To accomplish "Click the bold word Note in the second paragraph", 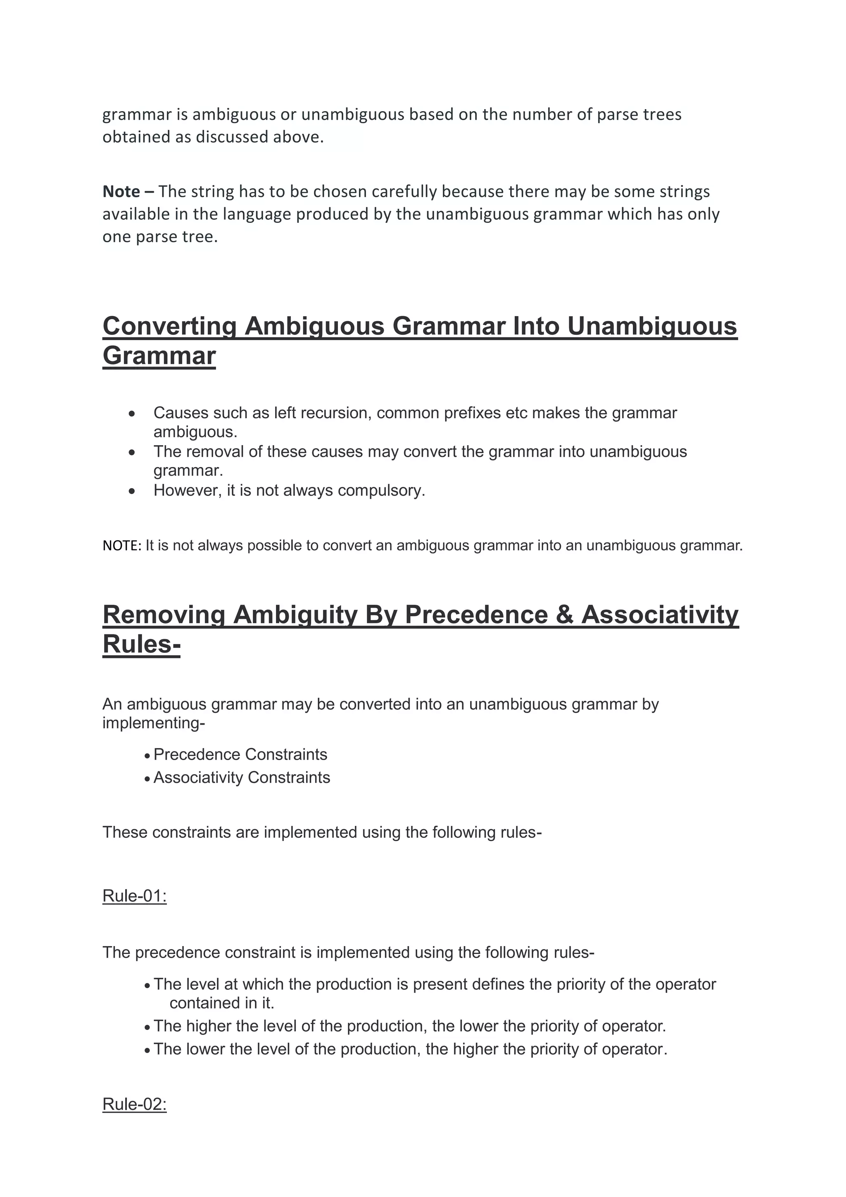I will [121, 191].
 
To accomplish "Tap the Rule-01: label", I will [134, 896].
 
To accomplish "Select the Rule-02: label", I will [134, 1104].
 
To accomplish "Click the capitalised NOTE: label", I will [122, 546].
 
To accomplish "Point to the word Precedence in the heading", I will [476, 615].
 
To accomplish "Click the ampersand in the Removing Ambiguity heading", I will [564, 615].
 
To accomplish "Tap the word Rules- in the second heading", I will [141, 644].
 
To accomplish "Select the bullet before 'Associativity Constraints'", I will [148, 778].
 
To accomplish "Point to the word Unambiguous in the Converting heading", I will [652, 327].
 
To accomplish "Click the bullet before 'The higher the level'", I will [148, 1027].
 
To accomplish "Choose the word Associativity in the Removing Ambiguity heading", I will [660, 615].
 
